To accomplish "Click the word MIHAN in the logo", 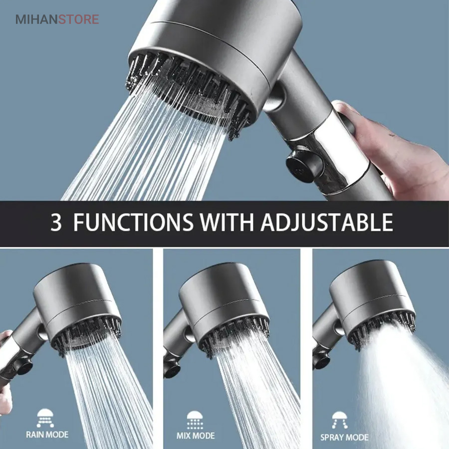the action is [x=36, y=19].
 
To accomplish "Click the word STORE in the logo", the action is [x=79, y=19].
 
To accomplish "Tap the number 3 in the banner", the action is [x=56, y=222].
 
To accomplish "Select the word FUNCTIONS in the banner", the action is [x=133, y=222].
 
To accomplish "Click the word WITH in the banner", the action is [x=227, y=222].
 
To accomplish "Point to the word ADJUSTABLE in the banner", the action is [x=327, y=222].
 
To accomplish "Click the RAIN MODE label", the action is [x=47, y=435].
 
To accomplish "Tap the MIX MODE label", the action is [x=196, y=436].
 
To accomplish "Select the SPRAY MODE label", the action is [x=344, y=438].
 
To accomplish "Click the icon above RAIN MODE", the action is [x=45, y=418].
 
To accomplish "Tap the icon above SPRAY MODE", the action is [x=340, y=421].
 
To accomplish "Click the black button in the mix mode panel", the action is [x=171, y=369].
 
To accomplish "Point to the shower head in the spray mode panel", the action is [x=372, y=303].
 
